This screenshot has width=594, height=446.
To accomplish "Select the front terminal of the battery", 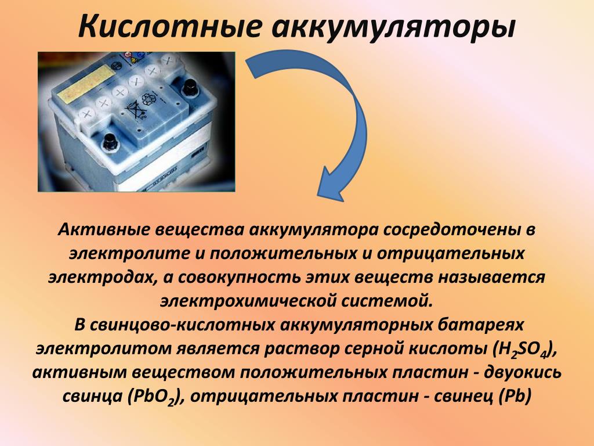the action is point(111,142).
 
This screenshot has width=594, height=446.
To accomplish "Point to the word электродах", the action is point(103,278).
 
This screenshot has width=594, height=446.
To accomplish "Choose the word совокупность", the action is point(241,278).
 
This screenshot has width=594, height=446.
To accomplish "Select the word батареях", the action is point(477,325).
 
